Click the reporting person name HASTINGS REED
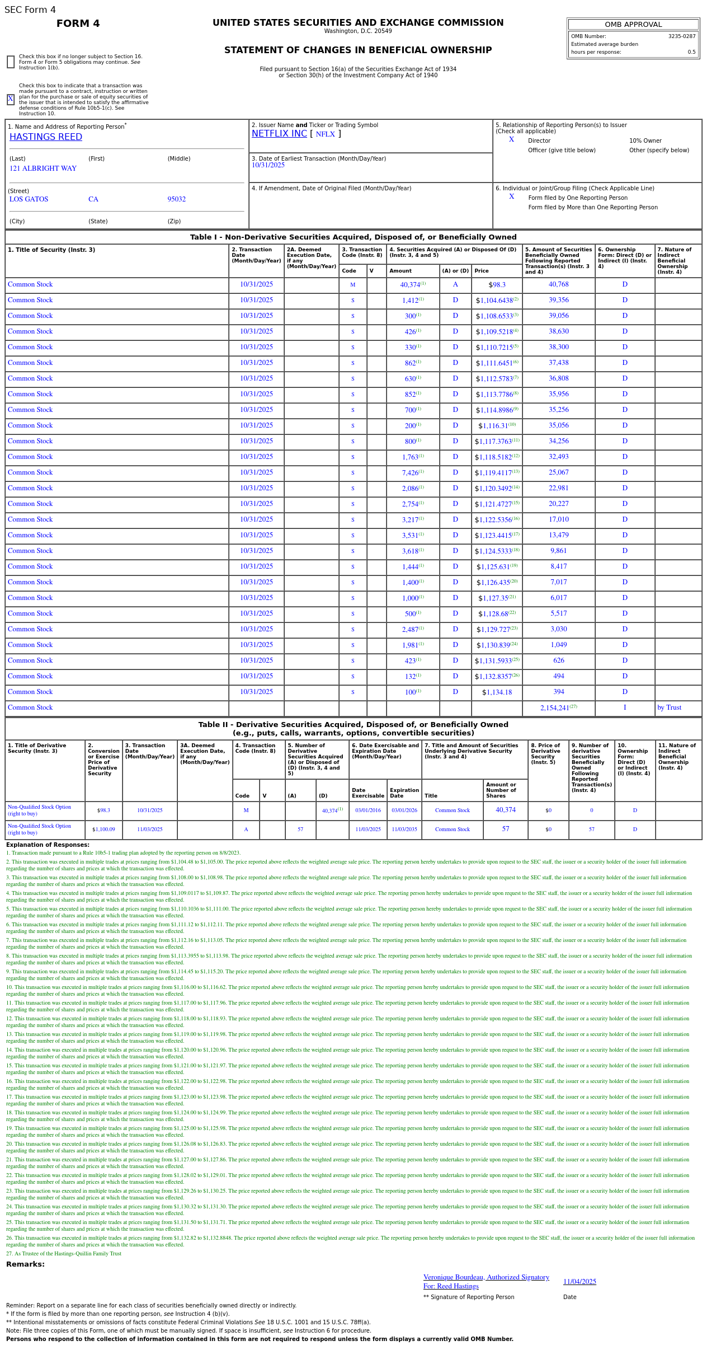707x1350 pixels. (46, 137)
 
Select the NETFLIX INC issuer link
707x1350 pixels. (279, 134)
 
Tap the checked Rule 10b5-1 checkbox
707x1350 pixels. (11, 100)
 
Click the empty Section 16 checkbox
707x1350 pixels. (11, 62)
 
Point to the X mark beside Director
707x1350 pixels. (511, 139)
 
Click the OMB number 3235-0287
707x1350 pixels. (681, 36)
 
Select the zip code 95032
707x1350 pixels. (177, 199)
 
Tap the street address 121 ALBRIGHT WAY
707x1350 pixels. (43, 168)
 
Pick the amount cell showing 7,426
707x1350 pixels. (411, 473)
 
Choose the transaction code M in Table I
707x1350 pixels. (353, 285)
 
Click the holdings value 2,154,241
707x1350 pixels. (555, 708)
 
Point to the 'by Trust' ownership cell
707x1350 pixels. (669, 708)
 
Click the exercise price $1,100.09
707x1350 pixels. (103, 829)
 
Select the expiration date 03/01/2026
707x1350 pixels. (404, 810)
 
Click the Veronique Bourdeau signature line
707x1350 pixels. (486, 1277)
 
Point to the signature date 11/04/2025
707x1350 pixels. (579, 1282)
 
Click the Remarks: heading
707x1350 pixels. (25, 1264)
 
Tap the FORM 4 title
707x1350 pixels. (78, 24)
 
